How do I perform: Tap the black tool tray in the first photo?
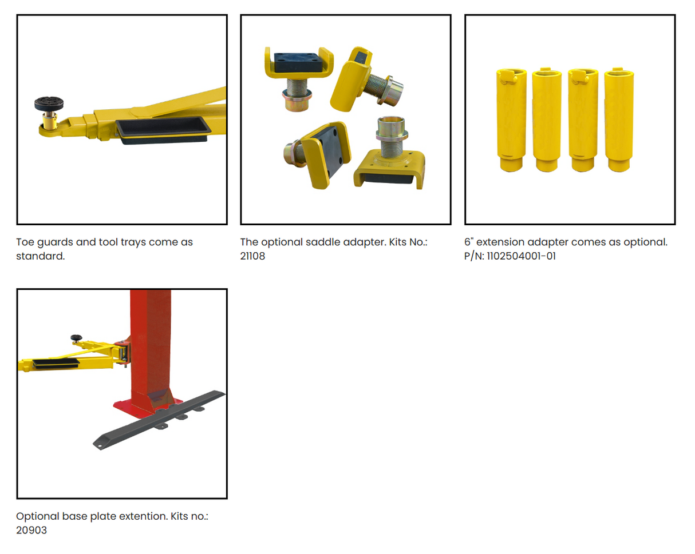coord(163,130)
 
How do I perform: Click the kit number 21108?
coord(252,256)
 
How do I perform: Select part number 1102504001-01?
coord(521,256)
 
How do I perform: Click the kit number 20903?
coord(31,530)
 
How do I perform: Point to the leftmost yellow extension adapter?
coord(511,119)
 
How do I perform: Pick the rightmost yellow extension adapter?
coord(619,119)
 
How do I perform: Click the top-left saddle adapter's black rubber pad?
coord(298,62)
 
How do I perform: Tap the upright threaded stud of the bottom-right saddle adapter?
coord(392,137)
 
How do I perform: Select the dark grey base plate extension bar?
coord(159,420)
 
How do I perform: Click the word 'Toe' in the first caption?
coord(25,242)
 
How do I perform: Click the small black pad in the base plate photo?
coord(76,338)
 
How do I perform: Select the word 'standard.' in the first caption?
coord(41,256)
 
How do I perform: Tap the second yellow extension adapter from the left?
coord(547,119)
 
